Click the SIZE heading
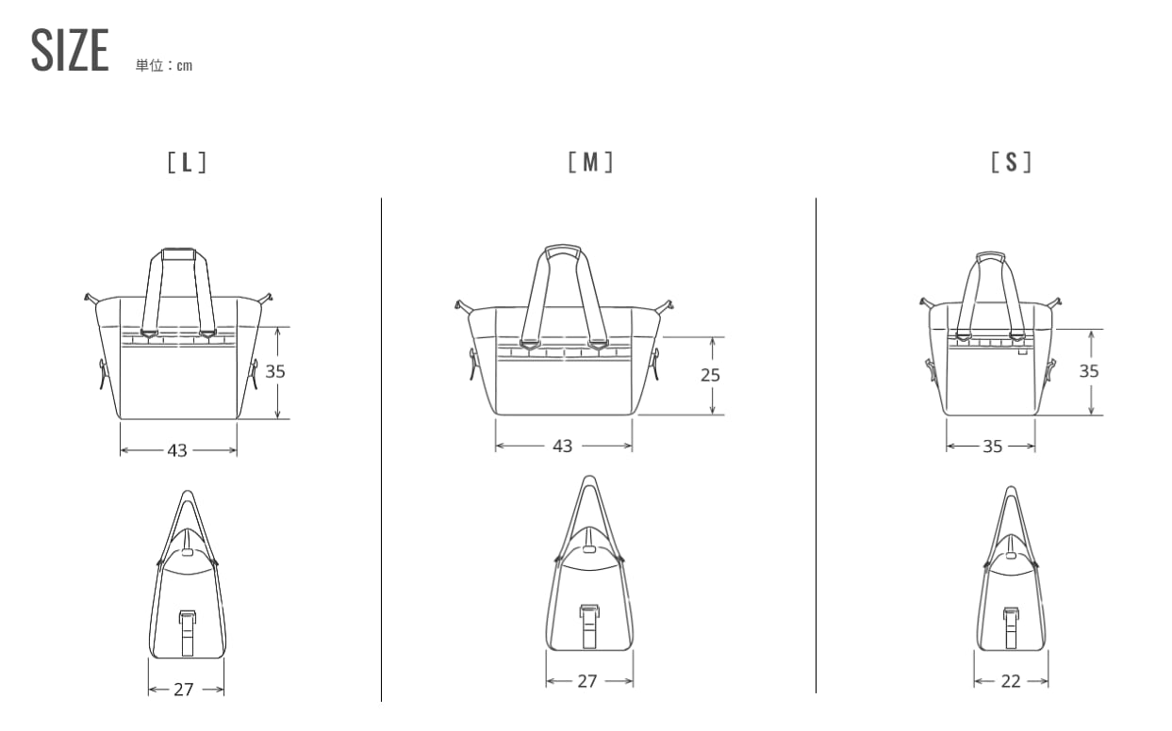(70, 50)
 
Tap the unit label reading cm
(184, 66)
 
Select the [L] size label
(187, 163)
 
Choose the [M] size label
(590, 162)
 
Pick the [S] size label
(1012, 162)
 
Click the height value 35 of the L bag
(275, 372)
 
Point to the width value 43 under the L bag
(177, 450)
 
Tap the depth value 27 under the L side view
(184, 690)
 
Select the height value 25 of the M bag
(711, 375)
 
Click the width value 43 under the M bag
(563, 446)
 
